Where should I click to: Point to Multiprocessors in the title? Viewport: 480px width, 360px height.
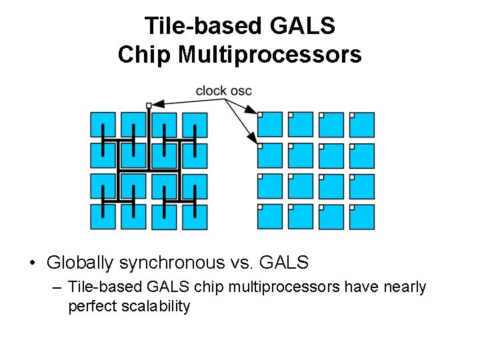pos(269,55)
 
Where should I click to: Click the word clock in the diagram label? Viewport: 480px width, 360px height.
pos(211,91)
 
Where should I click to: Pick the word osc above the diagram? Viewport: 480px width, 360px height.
pos(241,91)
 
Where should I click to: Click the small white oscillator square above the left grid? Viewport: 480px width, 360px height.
pos(149,105)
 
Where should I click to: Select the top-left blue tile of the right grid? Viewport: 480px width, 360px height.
pos(270,125)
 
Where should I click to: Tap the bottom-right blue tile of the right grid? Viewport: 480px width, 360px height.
pos(362,217)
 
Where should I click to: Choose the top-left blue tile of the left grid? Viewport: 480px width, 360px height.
pos(103,125)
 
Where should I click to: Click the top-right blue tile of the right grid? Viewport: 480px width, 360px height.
pos(362,125)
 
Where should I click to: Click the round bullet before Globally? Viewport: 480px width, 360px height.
pos(33,263)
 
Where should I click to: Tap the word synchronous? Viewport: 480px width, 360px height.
pos(171,263)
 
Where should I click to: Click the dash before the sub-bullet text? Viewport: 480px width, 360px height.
pos(55,287)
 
